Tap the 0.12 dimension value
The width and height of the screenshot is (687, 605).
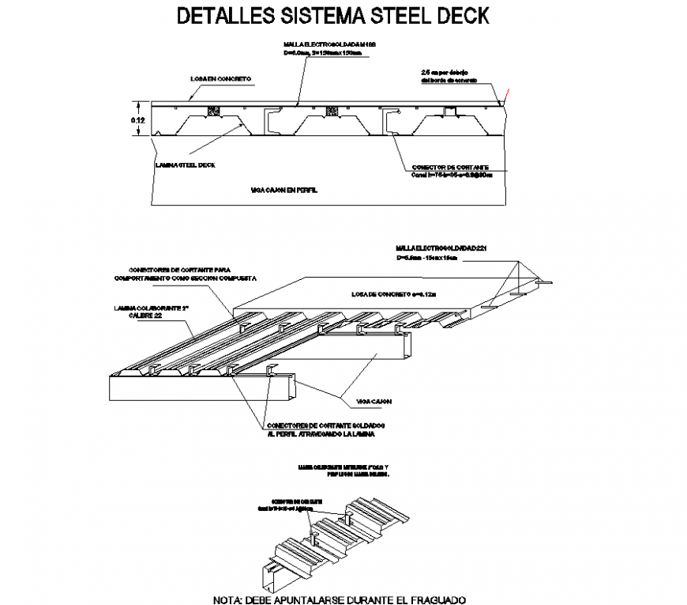coord(137,119)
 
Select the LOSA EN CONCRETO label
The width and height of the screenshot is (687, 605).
coord(220,79)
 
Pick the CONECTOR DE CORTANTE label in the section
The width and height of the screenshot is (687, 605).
coord(450,168)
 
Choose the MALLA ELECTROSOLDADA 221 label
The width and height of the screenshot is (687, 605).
coord(443,248)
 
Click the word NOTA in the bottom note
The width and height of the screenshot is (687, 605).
coord(228,599)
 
